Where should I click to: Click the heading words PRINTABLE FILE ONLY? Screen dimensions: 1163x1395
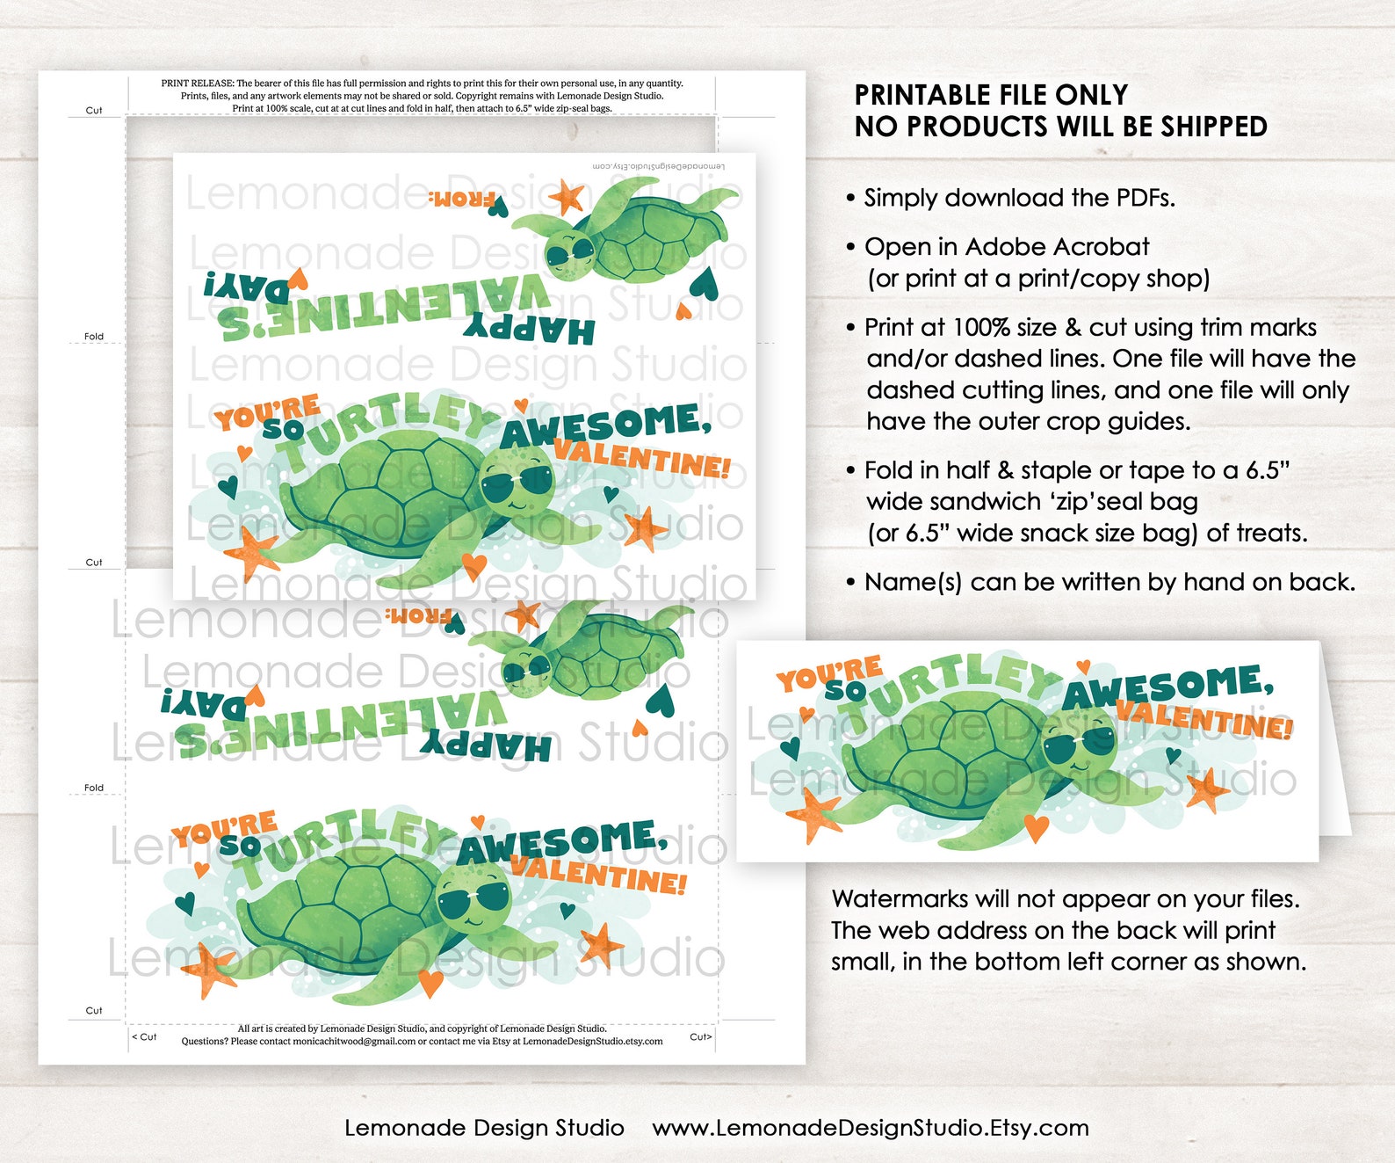pos(991,95)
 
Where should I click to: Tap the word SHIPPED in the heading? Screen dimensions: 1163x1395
pos(1213,127)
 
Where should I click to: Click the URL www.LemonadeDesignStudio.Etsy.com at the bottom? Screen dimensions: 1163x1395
pos(870,1128)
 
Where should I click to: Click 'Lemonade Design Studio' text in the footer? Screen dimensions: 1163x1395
pos(484,1128)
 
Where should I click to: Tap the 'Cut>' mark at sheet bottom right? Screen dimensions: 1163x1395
pos(700,1037)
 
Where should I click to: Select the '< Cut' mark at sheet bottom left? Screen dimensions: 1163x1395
pos(144,1037)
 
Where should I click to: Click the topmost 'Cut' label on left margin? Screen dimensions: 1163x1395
pos(94,111)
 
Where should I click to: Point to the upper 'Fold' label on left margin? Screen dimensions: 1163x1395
pos(94,337)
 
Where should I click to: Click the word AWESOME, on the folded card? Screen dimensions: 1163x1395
pos(1168,687)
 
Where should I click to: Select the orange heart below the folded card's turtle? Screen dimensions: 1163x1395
pos(1037,827)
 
